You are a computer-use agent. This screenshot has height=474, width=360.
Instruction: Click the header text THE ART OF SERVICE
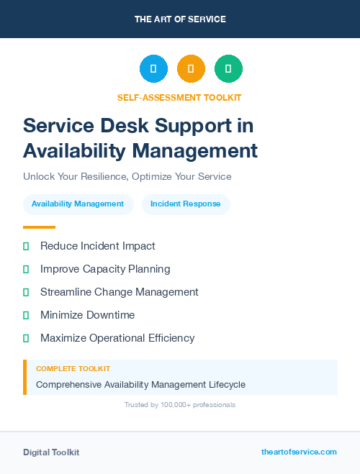click(x=180, y=19)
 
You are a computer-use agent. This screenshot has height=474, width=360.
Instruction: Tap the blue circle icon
click(x=153, y=69)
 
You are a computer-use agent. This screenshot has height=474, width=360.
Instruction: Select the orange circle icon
click(x=191, y=69)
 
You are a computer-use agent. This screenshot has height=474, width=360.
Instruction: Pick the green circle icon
click(x=228, y=69)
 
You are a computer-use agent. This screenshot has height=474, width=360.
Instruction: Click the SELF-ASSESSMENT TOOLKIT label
click(x=179, y=97)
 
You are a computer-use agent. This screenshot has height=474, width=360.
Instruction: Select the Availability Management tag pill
click(x=78, y=204)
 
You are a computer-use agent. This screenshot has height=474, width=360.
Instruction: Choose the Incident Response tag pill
click(x=186, y=204)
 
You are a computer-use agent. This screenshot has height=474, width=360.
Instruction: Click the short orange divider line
click(x=39, y=227)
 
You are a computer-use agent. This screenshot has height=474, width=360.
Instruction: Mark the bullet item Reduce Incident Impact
click(x=97, y=246)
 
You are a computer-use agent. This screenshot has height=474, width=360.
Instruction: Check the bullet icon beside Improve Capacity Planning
click(x=26, y=269)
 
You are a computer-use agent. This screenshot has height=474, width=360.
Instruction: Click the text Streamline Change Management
click(x=119, y=292)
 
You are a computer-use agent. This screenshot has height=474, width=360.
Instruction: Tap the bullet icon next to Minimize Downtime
click(x=26, y=315)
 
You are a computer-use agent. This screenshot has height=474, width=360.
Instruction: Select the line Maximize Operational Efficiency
click(x=117, y=338)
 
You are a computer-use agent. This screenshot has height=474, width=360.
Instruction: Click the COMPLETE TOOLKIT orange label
click(x=73, y=369)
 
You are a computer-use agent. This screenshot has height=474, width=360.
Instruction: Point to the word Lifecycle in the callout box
click(x=224, y=385)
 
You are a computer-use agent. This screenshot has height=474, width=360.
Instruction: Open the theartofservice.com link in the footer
click(x=299, y=452)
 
